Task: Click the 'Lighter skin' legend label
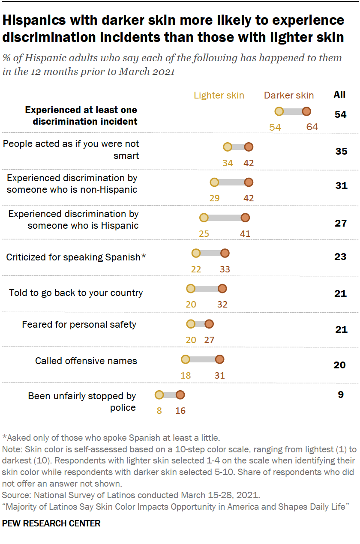click(x=219, y=95)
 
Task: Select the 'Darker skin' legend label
click(x=289, y=95)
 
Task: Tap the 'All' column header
click(x=339, y=95)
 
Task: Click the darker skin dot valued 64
click(x=306, y=112)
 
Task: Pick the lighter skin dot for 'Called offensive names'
click(x=185, y=359)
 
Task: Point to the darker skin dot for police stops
click(x=180, y=395)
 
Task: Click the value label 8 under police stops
click(x=159, y=410)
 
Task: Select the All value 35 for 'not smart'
click(x=341, y=151)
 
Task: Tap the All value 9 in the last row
click(x=340, y=395)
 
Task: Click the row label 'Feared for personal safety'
click(x=79, y=324)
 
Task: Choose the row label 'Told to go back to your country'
click(x=76, y=293)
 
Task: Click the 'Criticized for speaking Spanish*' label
click(x=76, y=257)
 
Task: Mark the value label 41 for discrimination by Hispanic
click(x=245, y=234)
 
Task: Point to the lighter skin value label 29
click(x=214, y=198)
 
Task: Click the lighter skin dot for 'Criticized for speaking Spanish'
click(x=196, y=253)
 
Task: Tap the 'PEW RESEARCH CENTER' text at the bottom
click(x=51, y=523)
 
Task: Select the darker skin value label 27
click(x=209, y=340)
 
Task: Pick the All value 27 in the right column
click(x=341, y=223)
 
